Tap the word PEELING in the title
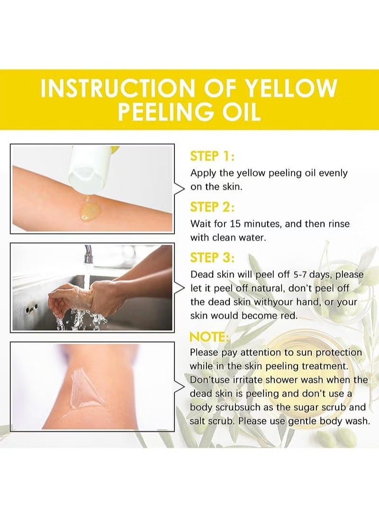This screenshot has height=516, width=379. coord(163,112)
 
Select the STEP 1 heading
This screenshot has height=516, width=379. coord(212,156)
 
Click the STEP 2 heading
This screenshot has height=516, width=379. coord(212,207)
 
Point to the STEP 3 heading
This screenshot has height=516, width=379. coord(212,258)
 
